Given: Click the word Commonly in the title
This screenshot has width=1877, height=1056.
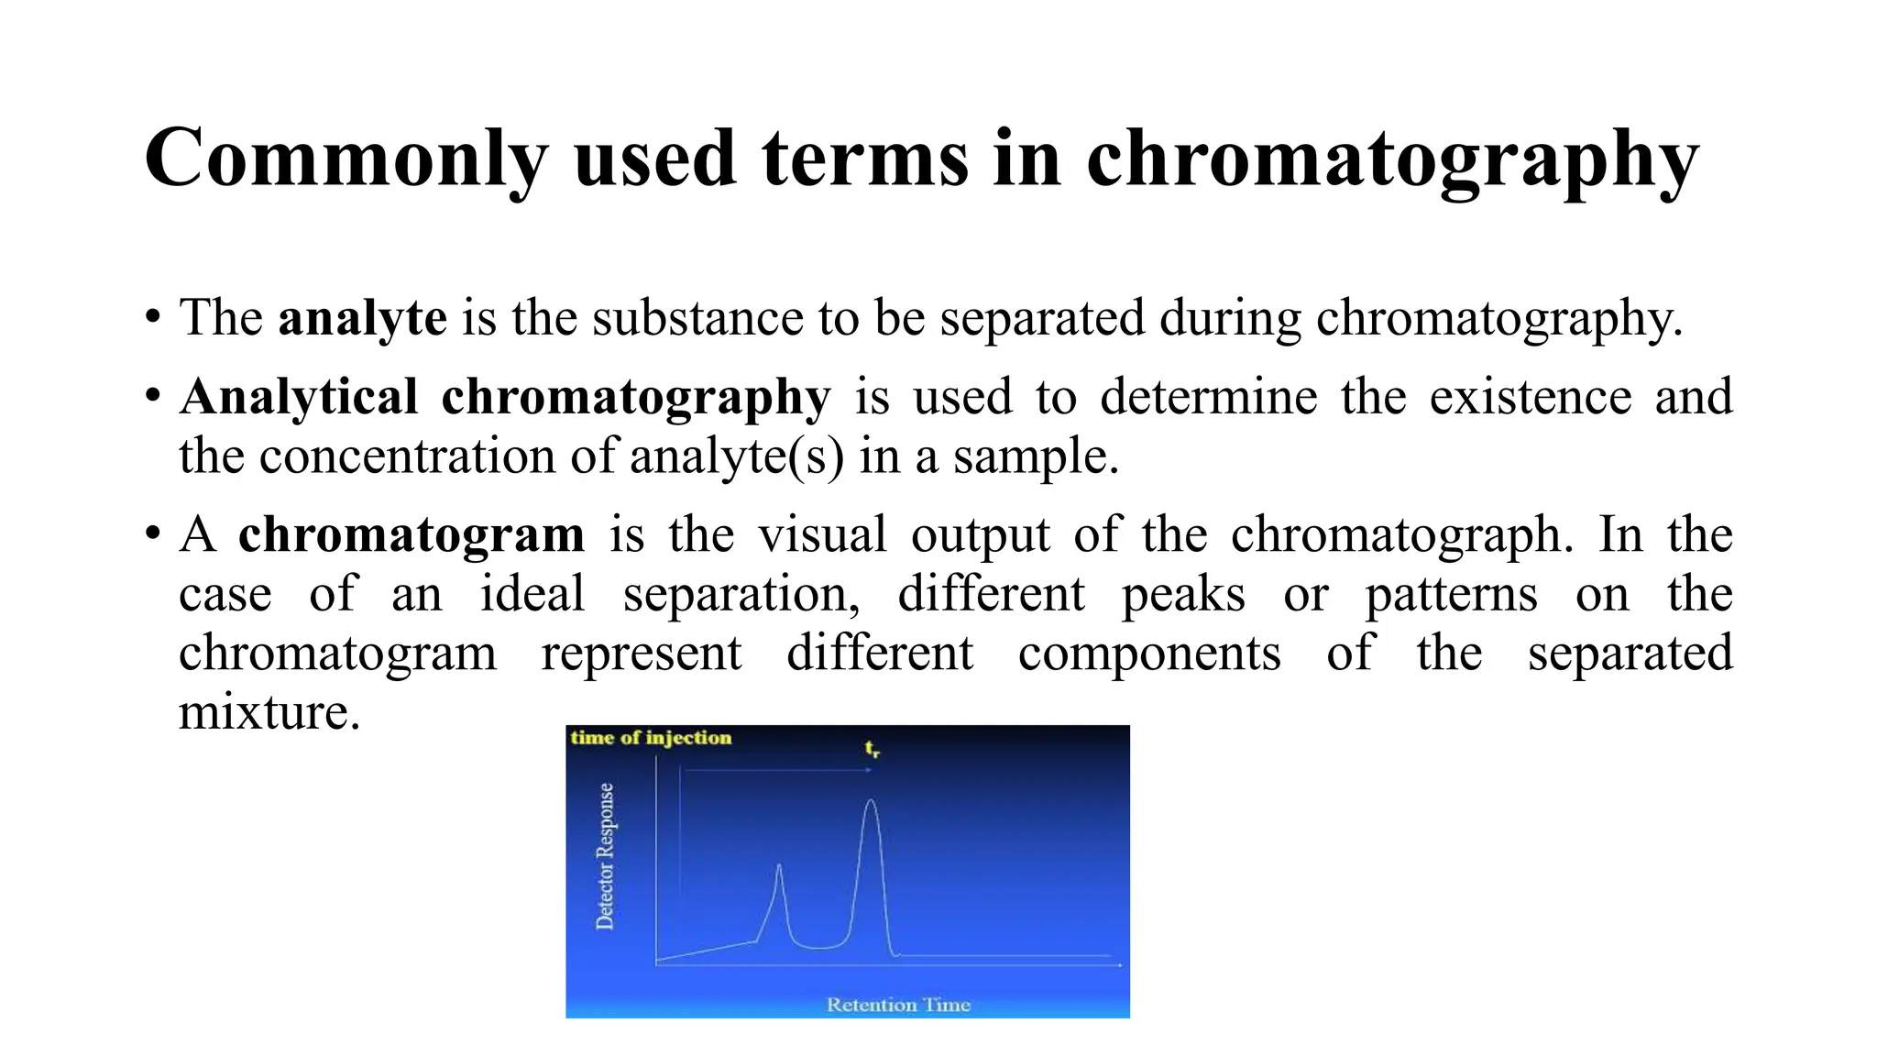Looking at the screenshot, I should click(x=346, y=159).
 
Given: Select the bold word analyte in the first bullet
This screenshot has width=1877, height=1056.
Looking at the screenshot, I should click(x=362, y=318).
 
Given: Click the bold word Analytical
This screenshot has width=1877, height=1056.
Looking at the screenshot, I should click(x=299, y=397).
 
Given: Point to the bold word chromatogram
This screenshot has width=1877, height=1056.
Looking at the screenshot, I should click(x=411, y=534).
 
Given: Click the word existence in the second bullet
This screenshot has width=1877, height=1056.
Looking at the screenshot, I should click(x=1530, y=397).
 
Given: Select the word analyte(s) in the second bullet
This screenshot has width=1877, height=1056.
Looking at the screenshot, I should click(x=736, y=456).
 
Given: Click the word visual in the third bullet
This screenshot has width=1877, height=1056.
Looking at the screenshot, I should click(x=822, y=534).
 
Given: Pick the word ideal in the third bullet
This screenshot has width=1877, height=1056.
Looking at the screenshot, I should click(x=532, y=594).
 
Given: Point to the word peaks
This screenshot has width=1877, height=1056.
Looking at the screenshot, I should click(x=1183, y=594).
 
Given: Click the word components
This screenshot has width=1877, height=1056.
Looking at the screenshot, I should click(x=1149, y=654).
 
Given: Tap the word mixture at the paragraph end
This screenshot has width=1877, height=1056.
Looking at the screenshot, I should click(x=269, y=712).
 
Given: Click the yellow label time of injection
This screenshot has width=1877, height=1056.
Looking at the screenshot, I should click(x=651, y=738).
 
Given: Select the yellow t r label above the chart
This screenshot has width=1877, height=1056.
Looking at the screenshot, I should click(x=872, y=749).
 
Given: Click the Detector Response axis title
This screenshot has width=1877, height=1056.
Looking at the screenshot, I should click(x=606, y=856).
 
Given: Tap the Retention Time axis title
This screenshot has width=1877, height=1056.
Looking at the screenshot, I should click(x=898, y=1005).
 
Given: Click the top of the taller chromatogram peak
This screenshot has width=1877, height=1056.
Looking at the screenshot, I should click(x=871, y=801).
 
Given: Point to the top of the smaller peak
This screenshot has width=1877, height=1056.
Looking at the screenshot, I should click(x=779, y=865).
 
